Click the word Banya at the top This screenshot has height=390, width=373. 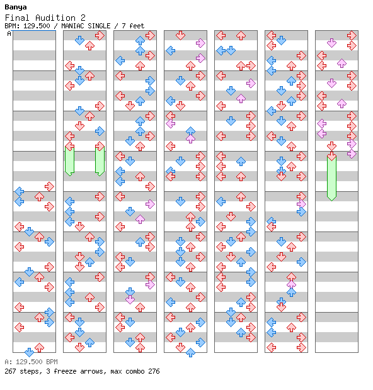pyautogui.click(x=16, y=8)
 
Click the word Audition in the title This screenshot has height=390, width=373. pyautogui.click(x=55, y=18)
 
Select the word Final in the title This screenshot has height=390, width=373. pyautogui.click(x=17, y=18)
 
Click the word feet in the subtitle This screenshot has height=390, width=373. pyautogui.click(x=137, y=26)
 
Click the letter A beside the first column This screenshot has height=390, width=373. pyautogui.click(x=9, y=33)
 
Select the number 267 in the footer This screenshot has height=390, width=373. pyautogui.click(x=11, y=371)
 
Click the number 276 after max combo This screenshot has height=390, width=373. pyautogui.click(x=154, y=371)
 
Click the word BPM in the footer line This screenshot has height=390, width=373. pyautogui.click(x=52, y=362)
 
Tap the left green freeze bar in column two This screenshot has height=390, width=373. pyautogui.click(x=69, y=161)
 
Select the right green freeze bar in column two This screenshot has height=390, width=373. pyautogui.click(x=100, y=161)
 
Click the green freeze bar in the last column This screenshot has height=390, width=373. pyautogui.click(x=331, y=179)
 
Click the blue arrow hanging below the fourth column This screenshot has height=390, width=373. pyautogui.click(x=190, y=353)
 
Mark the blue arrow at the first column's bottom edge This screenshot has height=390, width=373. pyautogui.click(x=29, y=352)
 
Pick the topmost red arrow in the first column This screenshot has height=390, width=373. pyautogui.click(x=49, y=186)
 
